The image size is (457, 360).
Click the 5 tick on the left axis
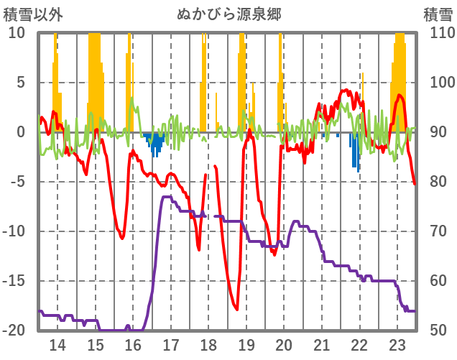[x=21, y=83]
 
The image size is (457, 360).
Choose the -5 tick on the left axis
[x=18, y=182]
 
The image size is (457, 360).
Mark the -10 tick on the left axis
[x=15, y=231]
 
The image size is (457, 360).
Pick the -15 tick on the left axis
[x=15, y=281]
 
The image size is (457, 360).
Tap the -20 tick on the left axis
[x=15, y=331]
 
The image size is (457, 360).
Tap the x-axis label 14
[x=57, y=344]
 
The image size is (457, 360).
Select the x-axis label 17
[x=171, y=344]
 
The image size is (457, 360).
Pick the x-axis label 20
[x=285, y=344]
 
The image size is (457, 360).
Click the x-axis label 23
[x=397, y=344]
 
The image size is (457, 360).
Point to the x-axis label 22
[x=360, y=344]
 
